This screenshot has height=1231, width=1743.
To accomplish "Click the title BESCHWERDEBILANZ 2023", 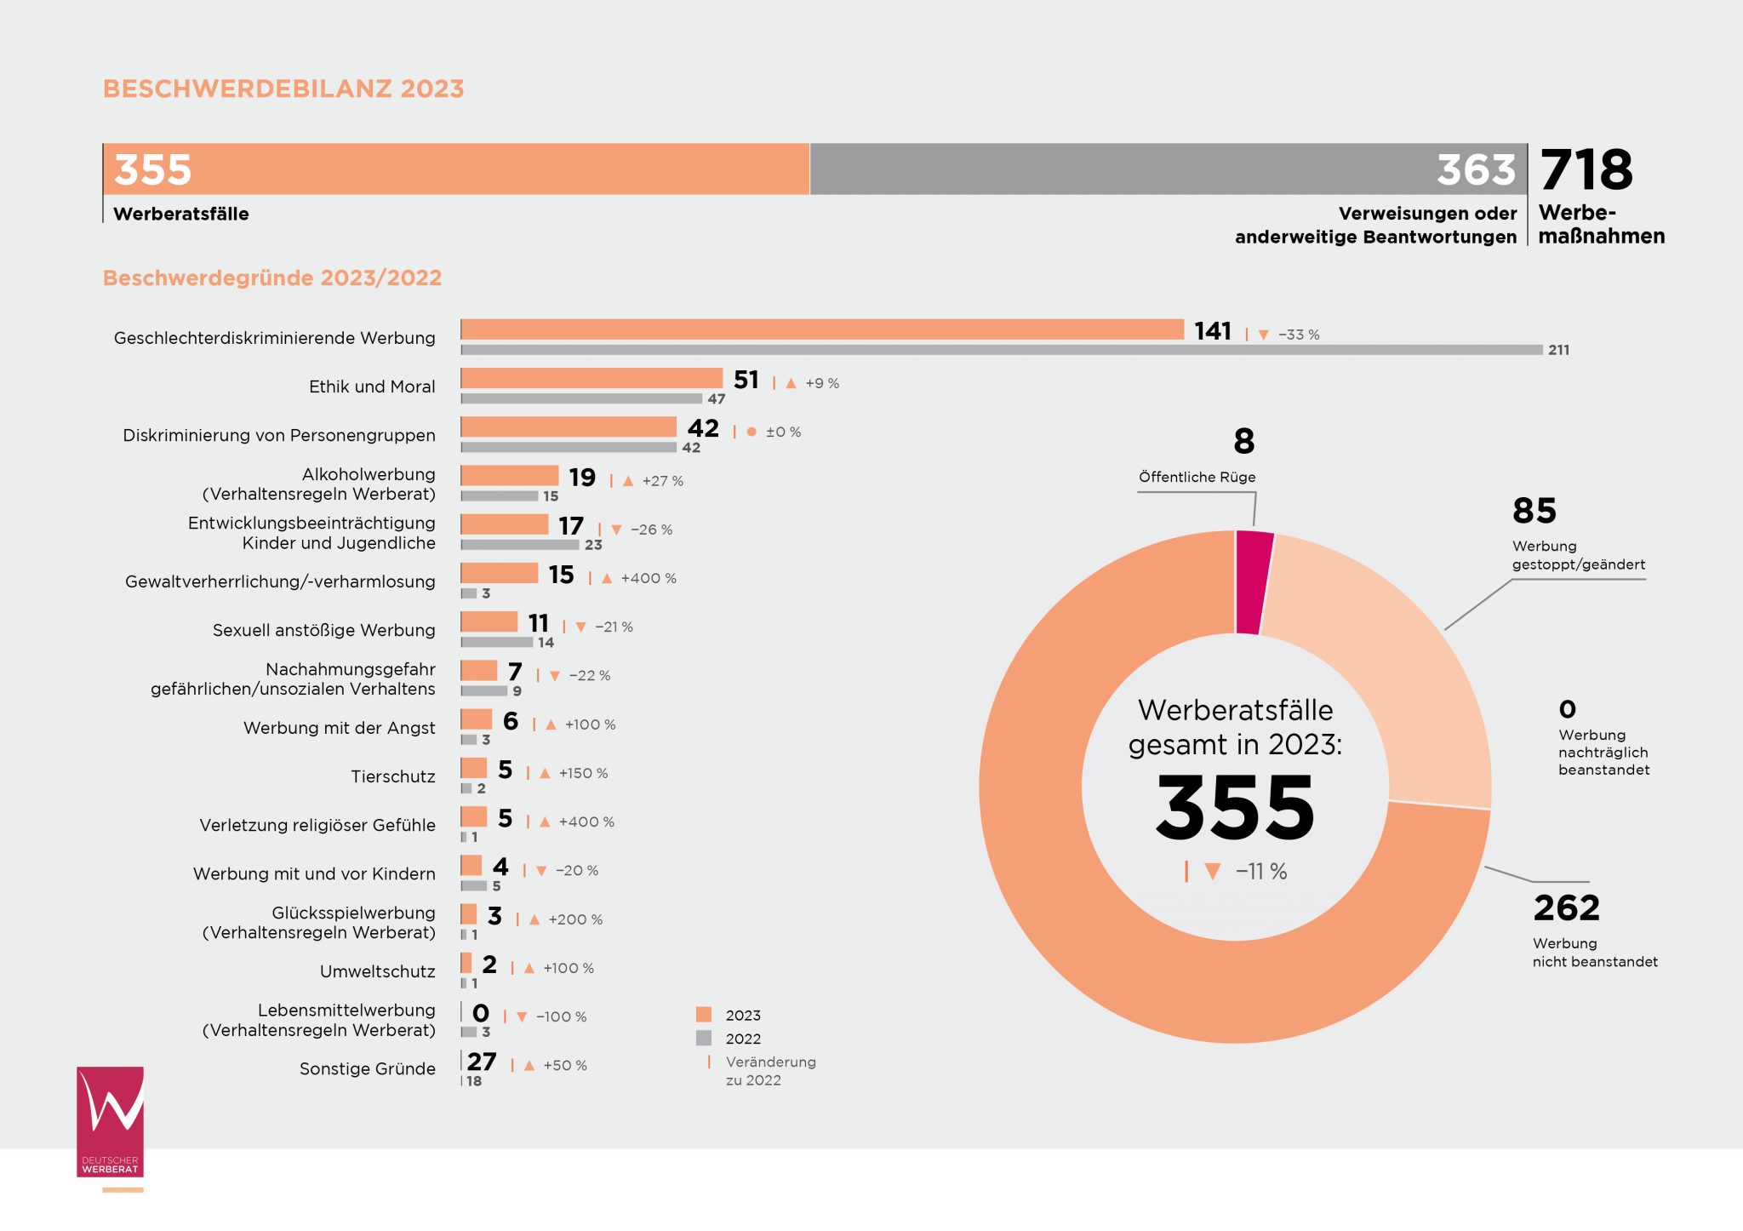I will pos(283,89).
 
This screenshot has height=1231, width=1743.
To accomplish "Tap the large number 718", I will pos(1586,169).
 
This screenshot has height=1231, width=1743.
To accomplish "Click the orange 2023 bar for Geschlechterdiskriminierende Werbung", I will pos(821,329).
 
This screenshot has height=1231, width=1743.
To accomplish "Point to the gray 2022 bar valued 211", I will pos(1001,350).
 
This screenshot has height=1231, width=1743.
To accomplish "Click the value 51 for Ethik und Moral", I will pos(746,380).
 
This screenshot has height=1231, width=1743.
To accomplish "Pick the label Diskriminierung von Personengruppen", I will pos(279,435).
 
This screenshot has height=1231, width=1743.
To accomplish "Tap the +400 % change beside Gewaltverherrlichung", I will pos(649,578).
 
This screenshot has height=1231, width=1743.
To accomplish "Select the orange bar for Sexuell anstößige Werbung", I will pos(489,621).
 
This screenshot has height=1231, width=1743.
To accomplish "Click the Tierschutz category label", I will pos(393,776).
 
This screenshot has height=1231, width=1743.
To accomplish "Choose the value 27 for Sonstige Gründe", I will pos(482,1062).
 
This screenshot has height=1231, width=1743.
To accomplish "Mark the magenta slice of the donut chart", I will pos(1253,582).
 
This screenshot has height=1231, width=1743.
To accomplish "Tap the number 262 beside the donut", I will pos(1566,908).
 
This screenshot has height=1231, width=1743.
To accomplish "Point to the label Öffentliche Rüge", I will pos(1197,478).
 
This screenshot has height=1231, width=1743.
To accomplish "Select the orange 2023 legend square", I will pos(704,1015).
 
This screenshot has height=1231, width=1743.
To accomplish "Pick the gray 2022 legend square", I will pos(704,1038).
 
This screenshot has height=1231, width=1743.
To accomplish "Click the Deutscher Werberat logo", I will pos(111,1122).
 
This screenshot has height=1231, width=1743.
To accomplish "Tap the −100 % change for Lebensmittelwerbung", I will pos(561,1016).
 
